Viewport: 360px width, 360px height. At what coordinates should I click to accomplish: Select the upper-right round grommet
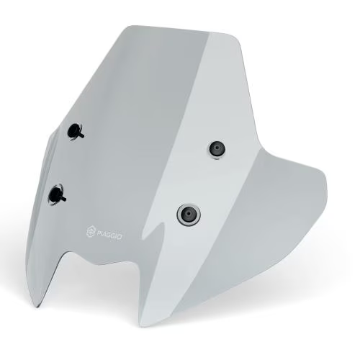(x=216, y=149)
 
